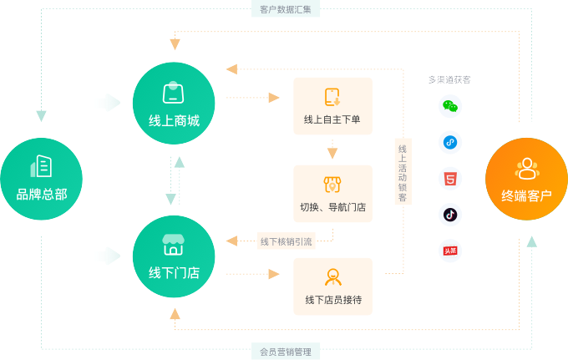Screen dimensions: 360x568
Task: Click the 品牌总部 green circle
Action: coord(41,179)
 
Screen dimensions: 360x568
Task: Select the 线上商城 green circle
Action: coord(174,104)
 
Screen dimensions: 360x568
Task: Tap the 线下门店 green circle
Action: coord(174,256)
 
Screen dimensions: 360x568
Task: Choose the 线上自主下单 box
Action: coord(332,106)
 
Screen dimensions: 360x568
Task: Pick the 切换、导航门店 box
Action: coord(332,193)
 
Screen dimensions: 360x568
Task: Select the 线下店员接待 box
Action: coord(332,286)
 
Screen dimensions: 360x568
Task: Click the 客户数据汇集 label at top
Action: coord(285,10)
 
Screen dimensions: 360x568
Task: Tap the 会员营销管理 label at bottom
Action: coord(285,352)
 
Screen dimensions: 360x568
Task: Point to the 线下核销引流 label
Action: coord(286,241)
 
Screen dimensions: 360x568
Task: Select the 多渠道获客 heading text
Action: coord(449,79)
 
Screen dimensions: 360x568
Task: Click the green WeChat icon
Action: coord(450,106)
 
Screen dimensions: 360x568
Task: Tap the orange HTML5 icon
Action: coord(450,178)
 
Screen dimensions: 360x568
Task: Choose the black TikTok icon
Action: coord(450,214)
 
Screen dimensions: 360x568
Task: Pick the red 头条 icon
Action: coord(450,250)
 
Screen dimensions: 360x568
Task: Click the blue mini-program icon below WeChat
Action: coord(450,142)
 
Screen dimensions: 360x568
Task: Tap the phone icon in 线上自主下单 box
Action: coord(332,96)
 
